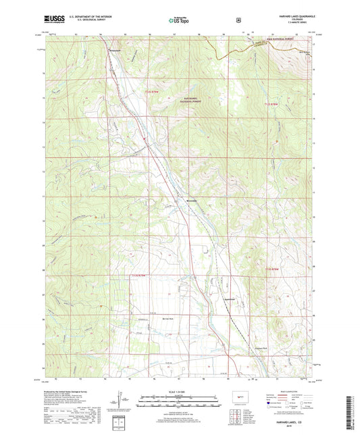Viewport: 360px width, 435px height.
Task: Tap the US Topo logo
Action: tap(180, 21)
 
